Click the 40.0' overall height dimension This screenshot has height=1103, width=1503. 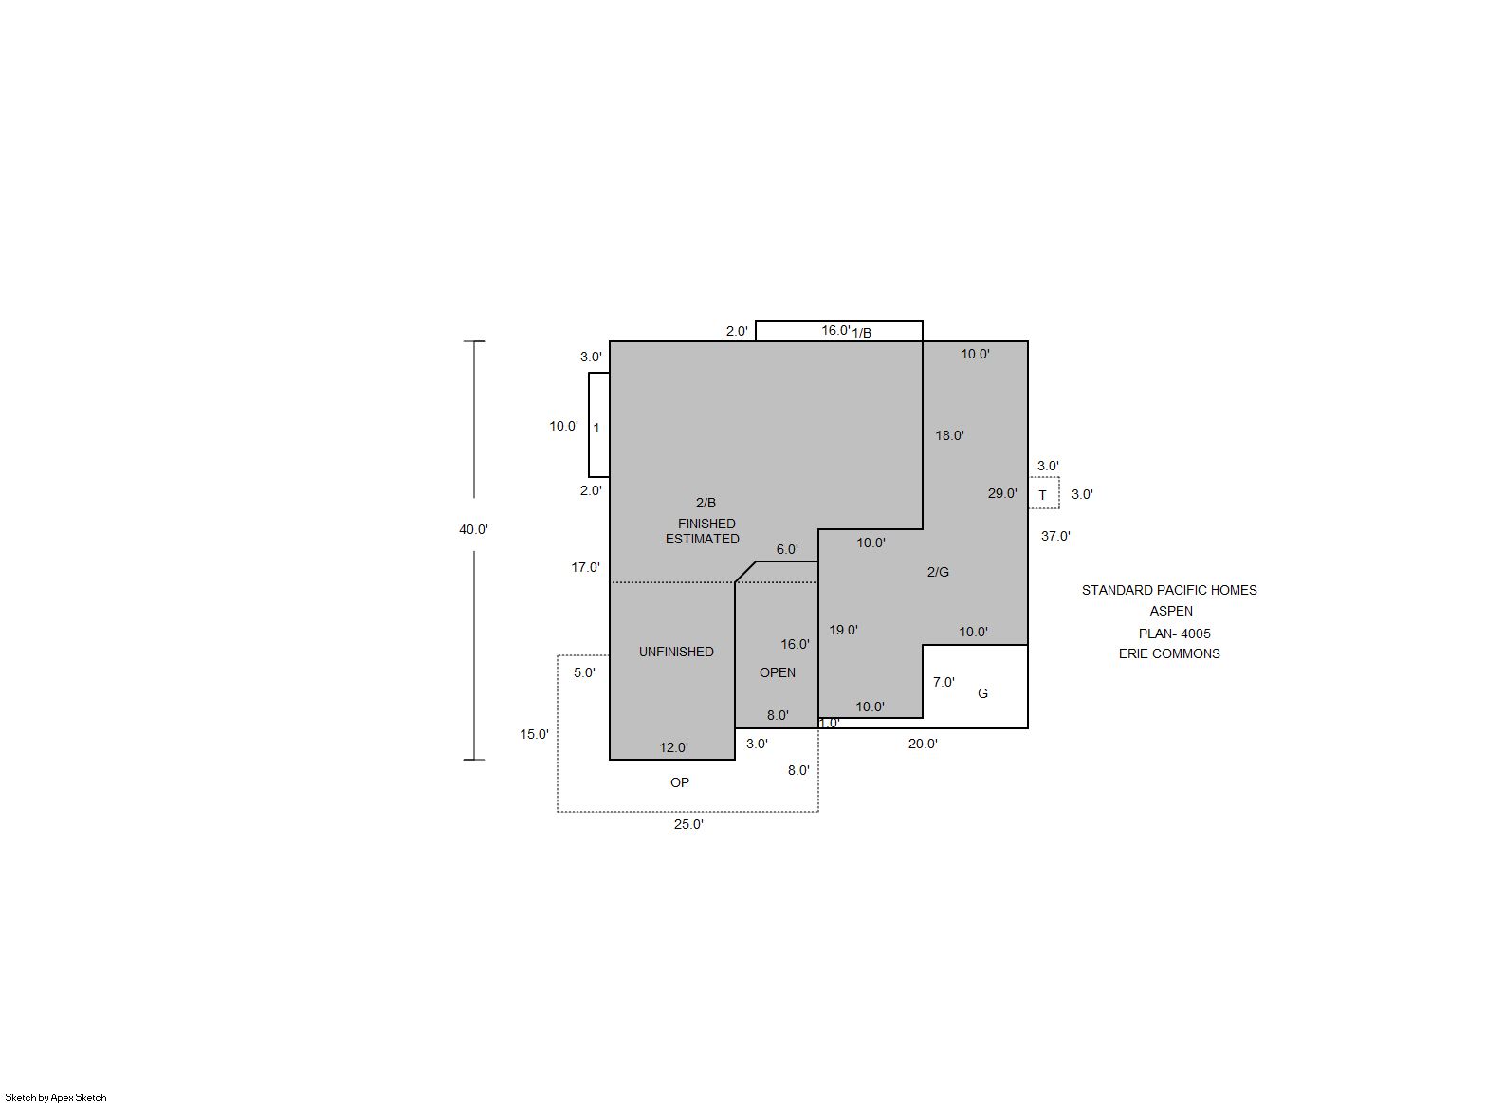[x=473, y=529]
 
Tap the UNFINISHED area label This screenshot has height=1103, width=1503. [x=676, y=652]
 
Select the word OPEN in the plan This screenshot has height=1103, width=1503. [x=777, y=672]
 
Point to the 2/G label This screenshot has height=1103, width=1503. [x=938, y=572]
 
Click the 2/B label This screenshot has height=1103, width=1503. [x=706, y=503]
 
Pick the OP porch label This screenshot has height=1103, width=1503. [x=680, y=782]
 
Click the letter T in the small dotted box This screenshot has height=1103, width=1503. [x=1042, y=495]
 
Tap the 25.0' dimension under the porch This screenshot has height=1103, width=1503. [x=688, y=824]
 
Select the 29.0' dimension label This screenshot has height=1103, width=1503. [x=1002, y=493]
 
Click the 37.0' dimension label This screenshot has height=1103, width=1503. [x=1055, y=536]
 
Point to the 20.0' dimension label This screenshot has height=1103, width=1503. [x=923, y=744]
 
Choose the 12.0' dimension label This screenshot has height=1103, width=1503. [x=673, y=747]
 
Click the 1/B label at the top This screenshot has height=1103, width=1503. [x=862, y=333]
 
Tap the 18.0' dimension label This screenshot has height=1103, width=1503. [x=949, y=435]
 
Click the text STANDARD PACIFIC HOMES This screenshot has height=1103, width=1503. [x=1169, y=590]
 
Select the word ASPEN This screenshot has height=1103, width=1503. [x=1171, y=611]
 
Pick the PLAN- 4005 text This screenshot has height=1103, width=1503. [x=1174, y=634]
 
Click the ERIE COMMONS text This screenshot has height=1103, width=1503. [x=1169, y=653]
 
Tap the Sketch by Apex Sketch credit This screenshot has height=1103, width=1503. [x=56, y=1097]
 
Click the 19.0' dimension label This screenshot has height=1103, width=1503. [x=843, y=630]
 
